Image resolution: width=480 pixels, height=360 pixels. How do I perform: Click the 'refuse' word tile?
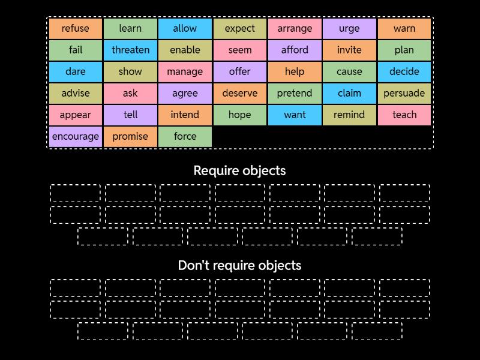click(76, 28)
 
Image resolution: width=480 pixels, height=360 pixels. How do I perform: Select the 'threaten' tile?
click(130, 50)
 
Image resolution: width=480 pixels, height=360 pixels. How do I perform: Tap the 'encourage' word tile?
click(76, 136)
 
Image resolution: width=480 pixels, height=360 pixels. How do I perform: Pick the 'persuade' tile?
click(404, 93)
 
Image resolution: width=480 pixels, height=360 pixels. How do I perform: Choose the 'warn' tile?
click(404, 28)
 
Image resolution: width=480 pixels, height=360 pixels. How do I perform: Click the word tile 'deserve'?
click(240, 93)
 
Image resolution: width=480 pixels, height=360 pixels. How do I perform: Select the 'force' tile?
click(185, 136)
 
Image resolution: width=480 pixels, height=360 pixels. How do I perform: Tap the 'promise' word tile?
click(130, 136)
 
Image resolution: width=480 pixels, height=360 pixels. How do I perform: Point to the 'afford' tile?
click(295, 50)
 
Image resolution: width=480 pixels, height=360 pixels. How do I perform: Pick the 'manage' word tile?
click(185, 71)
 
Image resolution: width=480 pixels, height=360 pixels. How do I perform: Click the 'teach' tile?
click(404, 115)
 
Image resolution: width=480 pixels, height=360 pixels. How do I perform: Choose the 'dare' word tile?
click(76, 71)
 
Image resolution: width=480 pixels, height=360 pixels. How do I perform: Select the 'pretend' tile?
click(295, 93)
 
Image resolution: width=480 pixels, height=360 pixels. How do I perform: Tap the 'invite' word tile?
click(349, 50)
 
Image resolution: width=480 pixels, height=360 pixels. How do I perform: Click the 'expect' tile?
click(240, 28)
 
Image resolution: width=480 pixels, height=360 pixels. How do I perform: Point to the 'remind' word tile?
click(349, 115)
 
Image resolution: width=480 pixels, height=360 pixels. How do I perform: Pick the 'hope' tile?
click(240, 115)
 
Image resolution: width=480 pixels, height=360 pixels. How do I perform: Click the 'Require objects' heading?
click(240, 170)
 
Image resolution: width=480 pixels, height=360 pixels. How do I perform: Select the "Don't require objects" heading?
click(240, 265)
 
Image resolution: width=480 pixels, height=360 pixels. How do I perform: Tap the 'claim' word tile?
click(349, 93)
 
